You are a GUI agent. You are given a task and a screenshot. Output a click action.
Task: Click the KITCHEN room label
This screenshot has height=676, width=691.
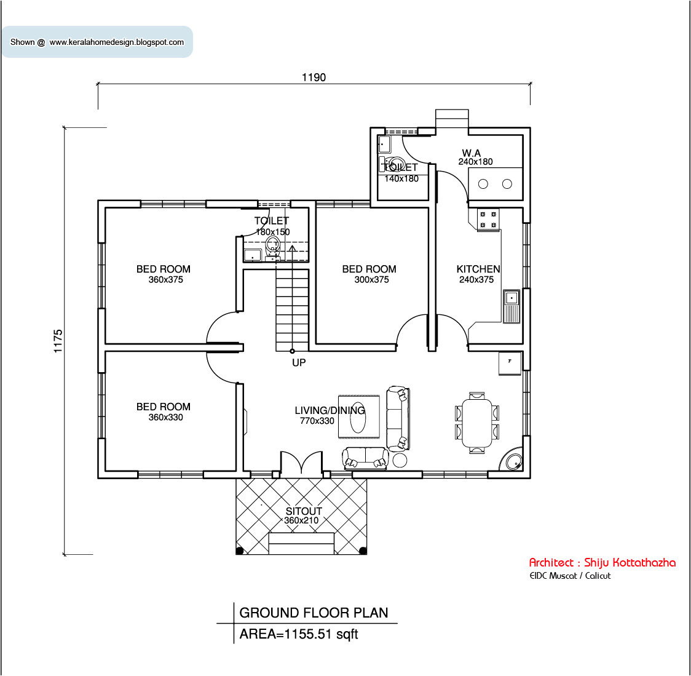tap(478, 269)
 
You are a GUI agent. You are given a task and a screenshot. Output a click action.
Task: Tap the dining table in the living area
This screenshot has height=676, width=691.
tap(477, 423)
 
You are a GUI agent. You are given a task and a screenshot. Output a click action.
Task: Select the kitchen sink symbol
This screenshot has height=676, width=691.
tap(511, 306)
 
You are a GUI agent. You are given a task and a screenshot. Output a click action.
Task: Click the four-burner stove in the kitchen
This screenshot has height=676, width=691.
tap(488, 220)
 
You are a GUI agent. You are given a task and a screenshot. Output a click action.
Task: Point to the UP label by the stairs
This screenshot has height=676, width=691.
tap(299, 362)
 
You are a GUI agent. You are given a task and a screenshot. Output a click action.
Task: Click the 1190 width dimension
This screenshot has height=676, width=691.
tap(314, 78)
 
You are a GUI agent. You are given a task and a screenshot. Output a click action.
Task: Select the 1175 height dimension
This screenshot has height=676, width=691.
tap(58, 341)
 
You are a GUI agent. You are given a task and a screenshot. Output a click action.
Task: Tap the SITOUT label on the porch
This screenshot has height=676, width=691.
tap(304, 511)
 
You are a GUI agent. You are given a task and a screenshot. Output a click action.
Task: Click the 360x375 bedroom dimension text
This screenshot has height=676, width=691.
tap(165, 280)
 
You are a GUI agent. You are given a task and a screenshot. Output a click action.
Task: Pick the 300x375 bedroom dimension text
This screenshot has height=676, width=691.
tap(371, 280)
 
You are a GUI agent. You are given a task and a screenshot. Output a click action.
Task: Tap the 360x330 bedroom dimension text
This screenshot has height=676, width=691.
tap(165, 418)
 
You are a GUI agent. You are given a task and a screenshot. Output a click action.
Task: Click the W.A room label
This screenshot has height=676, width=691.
tap(472, 153)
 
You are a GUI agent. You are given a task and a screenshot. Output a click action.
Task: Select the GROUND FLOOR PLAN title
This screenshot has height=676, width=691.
tap(314, 613)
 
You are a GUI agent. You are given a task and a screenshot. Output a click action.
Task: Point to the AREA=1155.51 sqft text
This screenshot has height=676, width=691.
tap(299, 634)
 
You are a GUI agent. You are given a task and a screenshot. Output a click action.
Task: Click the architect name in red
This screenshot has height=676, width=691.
tap(602, 562)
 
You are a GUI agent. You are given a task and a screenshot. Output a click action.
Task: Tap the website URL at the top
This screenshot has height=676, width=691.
tap(116, 42)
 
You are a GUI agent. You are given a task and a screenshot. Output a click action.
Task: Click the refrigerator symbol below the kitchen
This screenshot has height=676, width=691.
tap(510, 363)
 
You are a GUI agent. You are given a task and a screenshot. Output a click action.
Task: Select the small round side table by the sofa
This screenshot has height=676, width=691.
tap(400, 460)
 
